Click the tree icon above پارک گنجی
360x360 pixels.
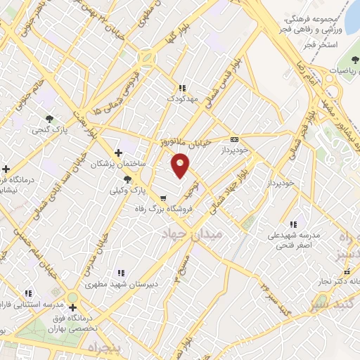[x=49, y=119]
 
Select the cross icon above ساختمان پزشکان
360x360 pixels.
[x=118, y=152]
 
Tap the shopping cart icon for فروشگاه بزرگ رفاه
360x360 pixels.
[x=163, y=198]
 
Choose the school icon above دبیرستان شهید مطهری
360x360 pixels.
[x=121, y=273]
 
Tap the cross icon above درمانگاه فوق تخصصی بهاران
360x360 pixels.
[x=72, y=307]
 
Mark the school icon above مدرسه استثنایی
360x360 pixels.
[x=28, y=292]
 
